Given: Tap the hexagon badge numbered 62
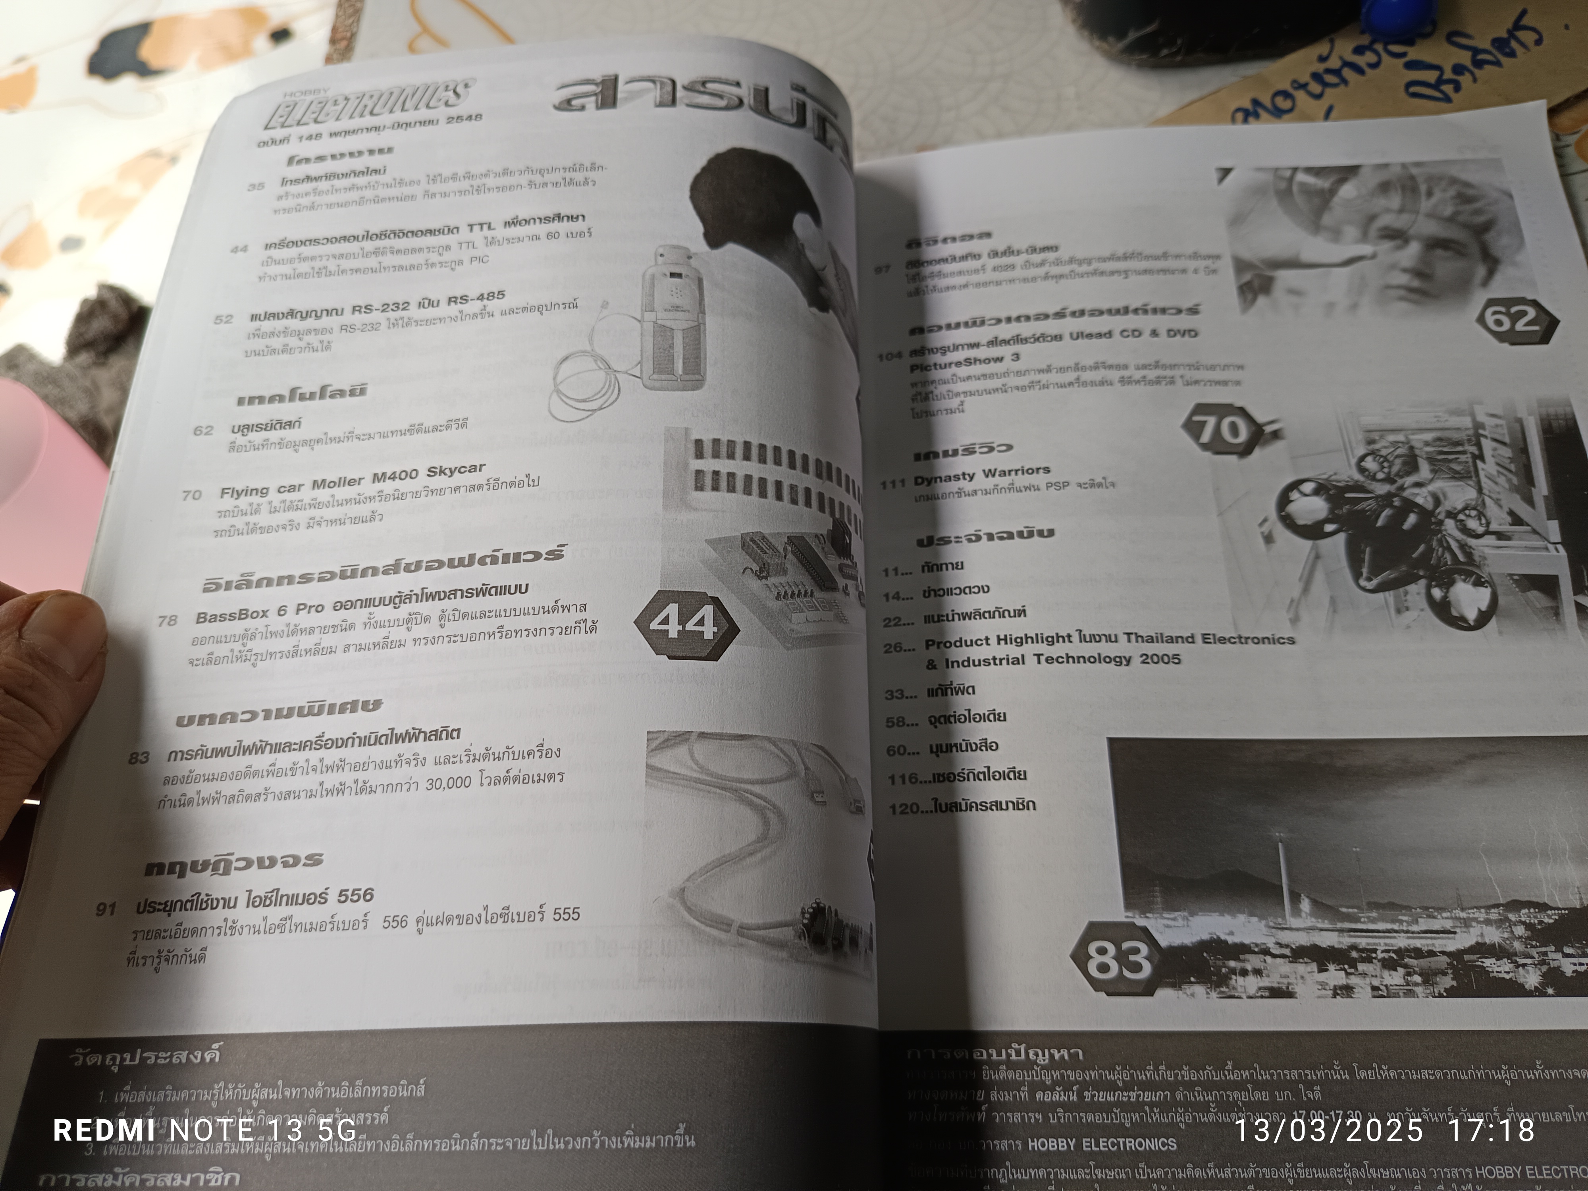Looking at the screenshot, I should click(1511, 318).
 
